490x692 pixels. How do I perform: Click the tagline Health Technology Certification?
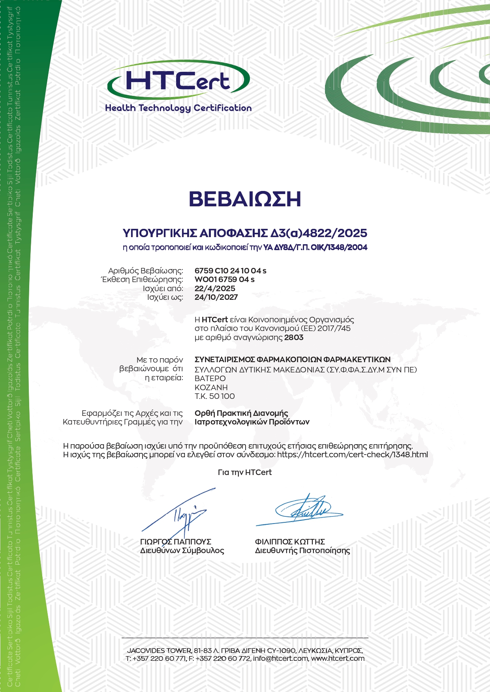178,108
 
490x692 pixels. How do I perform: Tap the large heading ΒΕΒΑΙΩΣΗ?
245,199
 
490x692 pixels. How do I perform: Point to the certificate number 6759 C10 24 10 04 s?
231,271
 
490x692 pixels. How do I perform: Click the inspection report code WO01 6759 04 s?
225,279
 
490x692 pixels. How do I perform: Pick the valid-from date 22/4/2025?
215,288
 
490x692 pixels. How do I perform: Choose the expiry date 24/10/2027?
216,297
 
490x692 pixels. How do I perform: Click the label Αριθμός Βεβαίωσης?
146,271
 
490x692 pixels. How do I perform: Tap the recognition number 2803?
294,337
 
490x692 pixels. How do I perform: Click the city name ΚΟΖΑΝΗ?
211,387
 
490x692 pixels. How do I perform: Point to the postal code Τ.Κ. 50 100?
215,396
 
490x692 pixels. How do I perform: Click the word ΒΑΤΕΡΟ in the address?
210,378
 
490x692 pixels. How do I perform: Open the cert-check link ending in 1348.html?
353,454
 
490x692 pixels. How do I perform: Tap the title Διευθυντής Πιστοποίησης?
302,550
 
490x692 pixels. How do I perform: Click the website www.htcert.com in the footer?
338,658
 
